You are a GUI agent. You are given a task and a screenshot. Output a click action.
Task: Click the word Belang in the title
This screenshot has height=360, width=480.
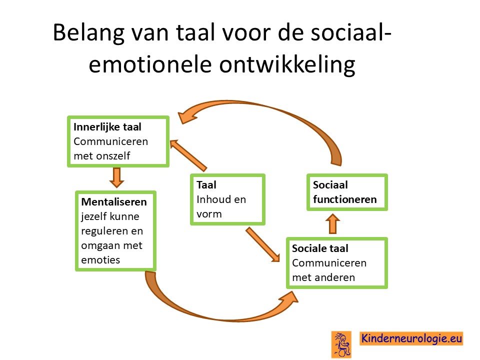click(x=89, y=33)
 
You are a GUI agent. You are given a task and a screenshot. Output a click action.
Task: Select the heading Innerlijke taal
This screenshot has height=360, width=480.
click(x=107, y=126)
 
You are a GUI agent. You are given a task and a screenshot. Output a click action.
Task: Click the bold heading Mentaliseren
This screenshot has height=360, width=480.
click(x=114, y=201)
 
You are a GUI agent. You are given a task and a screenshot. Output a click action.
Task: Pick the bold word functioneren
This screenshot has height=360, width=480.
click(x=344, y=199)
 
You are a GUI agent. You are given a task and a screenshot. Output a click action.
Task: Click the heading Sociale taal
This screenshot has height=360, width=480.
click(x=320, y=248)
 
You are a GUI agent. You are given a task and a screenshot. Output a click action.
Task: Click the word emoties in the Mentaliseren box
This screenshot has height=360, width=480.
click(x=100, y=260)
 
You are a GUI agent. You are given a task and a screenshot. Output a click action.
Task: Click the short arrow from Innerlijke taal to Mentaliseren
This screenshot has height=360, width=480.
click(x=116, y=177)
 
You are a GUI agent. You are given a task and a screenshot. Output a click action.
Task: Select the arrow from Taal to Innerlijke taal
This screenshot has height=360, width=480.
click(x=188, y=155)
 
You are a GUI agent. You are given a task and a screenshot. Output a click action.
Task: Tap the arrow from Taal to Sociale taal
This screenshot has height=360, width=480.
click(x=262, y=244)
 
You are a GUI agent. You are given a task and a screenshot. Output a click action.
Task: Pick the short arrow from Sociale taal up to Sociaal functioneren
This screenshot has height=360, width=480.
click(x=333, y=224)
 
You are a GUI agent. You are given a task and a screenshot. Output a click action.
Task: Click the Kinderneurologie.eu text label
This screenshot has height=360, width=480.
click(x=411, y=338)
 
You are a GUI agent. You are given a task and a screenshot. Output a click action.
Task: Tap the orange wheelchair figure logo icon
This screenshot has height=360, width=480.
click(x=341, y=344)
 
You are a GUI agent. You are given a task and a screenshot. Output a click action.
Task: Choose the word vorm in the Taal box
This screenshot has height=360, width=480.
click(x=209, y=214)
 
